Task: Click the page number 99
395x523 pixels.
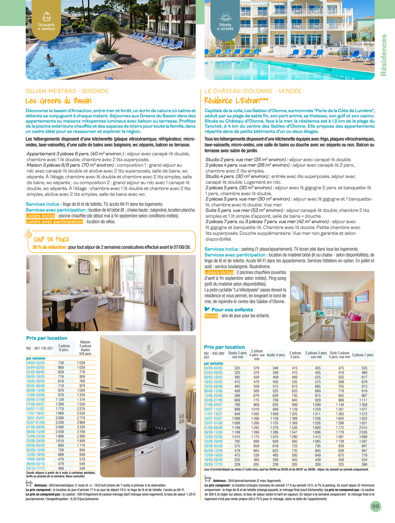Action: pos(376,506)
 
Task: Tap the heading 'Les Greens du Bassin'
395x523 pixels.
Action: pos(59,101)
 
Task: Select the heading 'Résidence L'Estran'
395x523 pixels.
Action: pos(236,101)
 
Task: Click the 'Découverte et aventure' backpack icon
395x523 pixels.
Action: pos(46,16)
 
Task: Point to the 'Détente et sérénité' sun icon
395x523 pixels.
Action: pos(225,17)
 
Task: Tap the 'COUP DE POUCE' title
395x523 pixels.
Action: pos(52,239)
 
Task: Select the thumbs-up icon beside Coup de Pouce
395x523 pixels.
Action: pos(28,234)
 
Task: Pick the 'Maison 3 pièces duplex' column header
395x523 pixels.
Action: pos(85,348)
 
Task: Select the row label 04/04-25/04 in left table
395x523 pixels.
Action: pos(35,363)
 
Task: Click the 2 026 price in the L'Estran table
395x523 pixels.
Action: pos(363,432)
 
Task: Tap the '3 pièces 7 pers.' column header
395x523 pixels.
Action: pos(363,355)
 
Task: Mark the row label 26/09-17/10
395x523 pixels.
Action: pos(213,464)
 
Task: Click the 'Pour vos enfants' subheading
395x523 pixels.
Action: pos(232,310)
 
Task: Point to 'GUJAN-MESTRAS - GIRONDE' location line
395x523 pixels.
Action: pos(67,91)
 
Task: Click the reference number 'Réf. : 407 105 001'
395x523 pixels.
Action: pos(39,348)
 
